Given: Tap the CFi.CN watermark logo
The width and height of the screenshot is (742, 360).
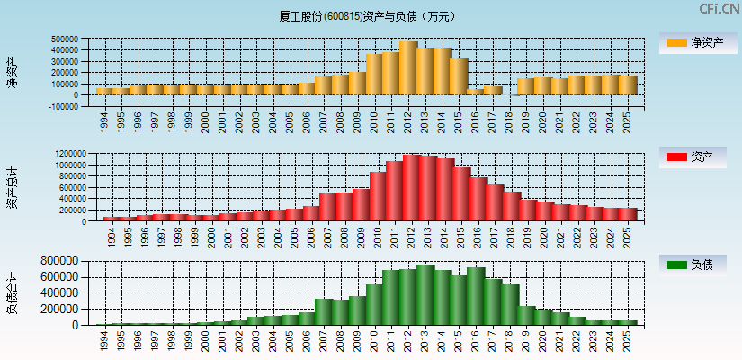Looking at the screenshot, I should (x=719, y=9).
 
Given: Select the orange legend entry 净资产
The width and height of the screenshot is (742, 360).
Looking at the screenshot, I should (x=698, y=42).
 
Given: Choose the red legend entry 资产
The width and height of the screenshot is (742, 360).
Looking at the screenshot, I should (x=698, y=157).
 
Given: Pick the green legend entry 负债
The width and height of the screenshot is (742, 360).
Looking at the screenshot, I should (x=698, y=265).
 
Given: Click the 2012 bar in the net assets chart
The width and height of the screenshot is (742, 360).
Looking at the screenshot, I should (x=408, y=68).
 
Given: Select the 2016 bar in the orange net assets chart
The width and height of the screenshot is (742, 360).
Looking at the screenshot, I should (x=475, y=92).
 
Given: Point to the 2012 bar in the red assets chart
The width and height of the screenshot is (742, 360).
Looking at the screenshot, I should (x=413, y=188).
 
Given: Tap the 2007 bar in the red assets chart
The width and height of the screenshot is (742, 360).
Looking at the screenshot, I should (x=327, y=208).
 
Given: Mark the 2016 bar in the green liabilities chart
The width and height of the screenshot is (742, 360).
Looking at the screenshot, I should (x=476, y=296).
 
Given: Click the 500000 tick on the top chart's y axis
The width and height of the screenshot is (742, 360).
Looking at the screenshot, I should (x=65, y=40).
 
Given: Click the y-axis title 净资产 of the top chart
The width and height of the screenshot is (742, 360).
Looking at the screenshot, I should (x=12, y=72).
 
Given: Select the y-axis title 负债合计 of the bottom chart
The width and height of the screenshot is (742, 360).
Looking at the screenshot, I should (x=12, y=292).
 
